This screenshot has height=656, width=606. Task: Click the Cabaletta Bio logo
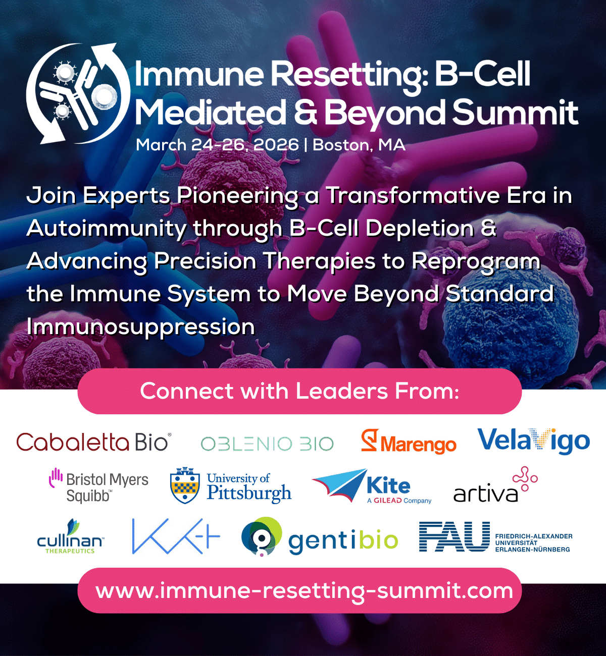click(94, 442)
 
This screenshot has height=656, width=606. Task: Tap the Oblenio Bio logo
click(267, 444)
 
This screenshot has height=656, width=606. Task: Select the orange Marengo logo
click(409, 442)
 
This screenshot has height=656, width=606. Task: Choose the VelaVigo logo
click(534, 441)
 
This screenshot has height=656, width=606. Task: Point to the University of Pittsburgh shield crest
click(185, 485)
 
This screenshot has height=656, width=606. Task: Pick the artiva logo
click(495, 484)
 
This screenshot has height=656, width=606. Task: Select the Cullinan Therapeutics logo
click(70, 536)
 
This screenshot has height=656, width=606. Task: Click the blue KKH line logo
click(176, 536)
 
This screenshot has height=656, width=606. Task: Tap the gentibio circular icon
click(262, 537)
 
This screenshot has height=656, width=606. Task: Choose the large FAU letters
click(454, 536)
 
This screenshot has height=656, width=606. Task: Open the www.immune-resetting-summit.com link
click(304, 590)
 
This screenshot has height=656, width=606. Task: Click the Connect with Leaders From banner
click(299, 392)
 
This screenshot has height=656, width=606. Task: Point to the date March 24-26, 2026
click(217, 145)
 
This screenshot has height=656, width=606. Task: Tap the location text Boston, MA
click(359, 145)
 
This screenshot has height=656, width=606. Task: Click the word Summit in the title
click(515, 112)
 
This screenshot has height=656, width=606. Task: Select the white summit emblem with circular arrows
click(78, 93)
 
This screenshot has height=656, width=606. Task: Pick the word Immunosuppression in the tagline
click(140, 326)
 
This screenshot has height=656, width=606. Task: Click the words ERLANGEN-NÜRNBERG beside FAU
click(533, 550)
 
